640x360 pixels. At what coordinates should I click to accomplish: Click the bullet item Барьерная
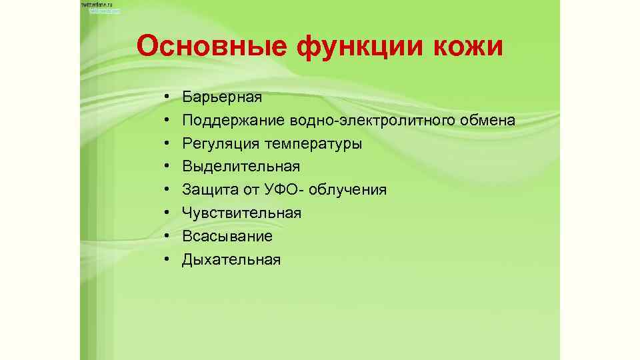tap(222, 97)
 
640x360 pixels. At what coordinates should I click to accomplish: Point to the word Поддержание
tap(234, 121)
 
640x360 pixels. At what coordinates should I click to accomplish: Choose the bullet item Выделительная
tap(241, 167)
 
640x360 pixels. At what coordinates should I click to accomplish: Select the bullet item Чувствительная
tap(242, 213)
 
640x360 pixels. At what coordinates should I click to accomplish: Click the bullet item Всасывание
tap(227, 236)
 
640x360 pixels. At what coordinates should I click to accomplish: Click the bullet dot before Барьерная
tap(164, 98)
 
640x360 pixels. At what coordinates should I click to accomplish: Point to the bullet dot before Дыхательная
tap(164, 260)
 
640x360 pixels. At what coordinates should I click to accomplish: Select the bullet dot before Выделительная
tap(164, 167)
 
